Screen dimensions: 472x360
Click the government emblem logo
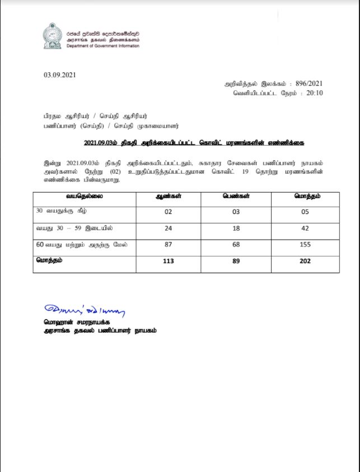coord(52,37)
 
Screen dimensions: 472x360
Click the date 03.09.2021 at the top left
coord(59,75)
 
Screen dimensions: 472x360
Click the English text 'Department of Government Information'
coord(102,46)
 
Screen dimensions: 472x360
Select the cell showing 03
coord(236,212)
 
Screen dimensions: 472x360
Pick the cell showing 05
coord(305,212)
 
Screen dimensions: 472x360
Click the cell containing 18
coord(236,228)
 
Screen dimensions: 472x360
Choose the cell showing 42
coord(305,228)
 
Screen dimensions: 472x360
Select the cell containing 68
coord(236,245)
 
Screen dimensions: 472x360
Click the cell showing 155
coord(305,245)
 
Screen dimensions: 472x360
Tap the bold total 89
coord(236,261)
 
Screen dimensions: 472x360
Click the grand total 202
coord(305,261)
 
